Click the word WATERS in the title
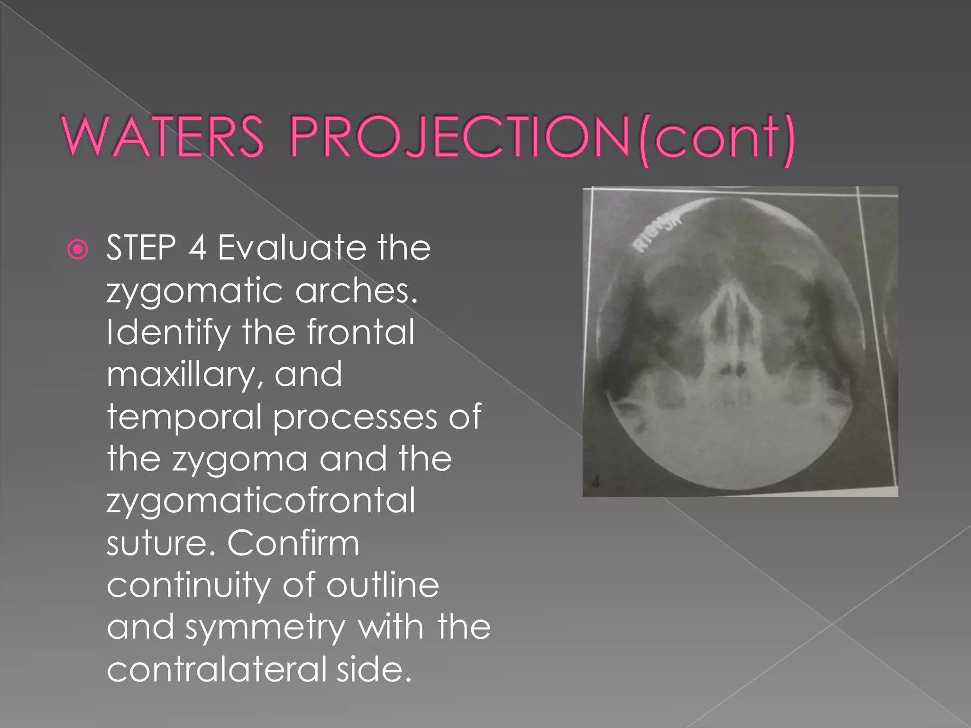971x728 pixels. (x=163, y=137)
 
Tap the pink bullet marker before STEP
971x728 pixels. (x=78, y=249)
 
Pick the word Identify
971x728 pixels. (x=168, y=333)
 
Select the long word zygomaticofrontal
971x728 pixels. (x=261, y=501)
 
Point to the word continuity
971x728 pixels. (x=188, y=585)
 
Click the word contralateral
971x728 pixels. (x=216, y=669)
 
